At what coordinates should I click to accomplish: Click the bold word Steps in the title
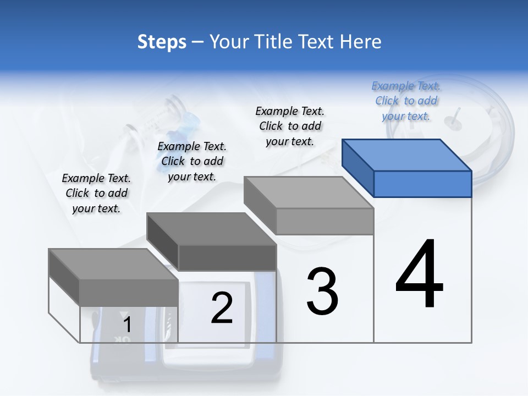[162, 42]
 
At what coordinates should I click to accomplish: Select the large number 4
[419, 274]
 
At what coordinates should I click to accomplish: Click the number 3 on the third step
[322, 291]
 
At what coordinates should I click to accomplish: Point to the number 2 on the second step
[222, 308]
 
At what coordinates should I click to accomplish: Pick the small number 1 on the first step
[127, 324]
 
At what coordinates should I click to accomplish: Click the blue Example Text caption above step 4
[406, 101]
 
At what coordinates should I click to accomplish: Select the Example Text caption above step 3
[290, 126]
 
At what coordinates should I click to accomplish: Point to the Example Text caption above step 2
[192, 161]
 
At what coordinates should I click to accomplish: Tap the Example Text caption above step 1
[96, 193]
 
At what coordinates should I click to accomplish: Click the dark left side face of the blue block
[358, 168]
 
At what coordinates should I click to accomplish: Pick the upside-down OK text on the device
[123, 340]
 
